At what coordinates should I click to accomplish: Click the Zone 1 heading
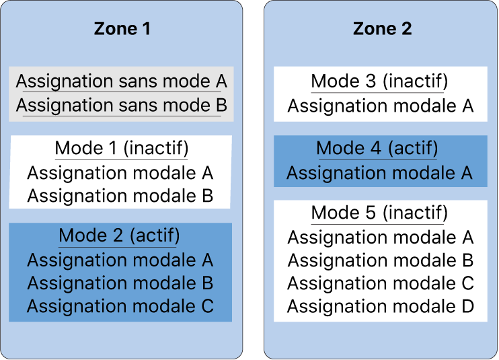point(122,29)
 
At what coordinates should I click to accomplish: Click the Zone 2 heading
point(382,29)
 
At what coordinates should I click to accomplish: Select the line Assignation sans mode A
point(121,81)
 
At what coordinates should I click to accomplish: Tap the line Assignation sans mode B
point(121,106)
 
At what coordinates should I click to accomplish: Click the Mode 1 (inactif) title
point(121,148)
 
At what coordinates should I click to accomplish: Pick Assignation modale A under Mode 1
point(120,173)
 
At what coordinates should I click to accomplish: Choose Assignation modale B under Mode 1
point(120,196)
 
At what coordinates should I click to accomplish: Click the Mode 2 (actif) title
point(120,236)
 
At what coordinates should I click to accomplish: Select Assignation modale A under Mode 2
point(120,260)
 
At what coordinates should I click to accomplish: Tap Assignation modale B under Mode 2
point(120,283)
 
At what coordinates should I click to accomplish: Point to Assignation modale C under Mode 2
point(120,306)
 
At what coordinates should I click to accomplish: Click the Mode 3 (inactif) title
point(379,81)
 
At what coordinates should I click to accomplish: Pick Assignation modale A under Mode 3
point(381,106)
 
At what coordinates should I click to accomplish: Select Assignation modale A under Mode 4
point(380,173)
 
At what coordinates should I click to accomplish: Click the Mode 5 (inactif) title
point(379,213)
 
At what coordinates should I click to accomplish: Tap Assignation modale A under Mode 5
point(381,237)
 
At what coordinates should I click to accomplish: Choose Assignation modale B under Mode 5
point(381,260)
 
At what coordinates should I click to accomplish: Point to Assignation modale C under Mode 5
point(381,283)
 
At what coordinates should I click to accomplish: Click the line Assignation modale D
point(381,307)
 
